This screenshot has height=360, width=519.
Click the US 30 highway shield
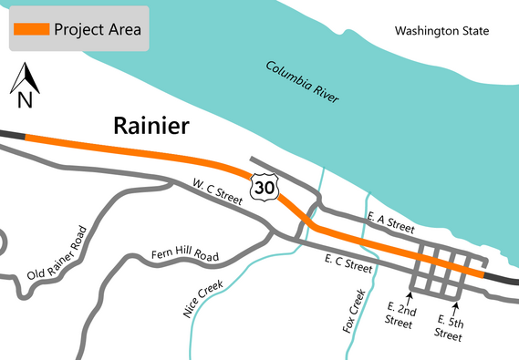(x=265, y=187)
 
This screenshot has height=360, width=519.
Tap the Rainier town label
(x=151, y=126)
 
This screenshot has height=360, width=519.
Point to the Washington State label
(x=441, y=32)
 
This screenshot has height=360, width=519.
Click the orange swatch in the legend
(x=31, y=29)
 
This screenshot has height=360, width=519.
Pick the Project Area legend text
(x=97, y=29)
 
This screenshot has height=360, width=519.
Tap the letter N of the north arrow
(x=25, y=100)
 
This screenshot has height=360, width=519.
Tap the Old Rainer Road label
(x=61, y=258)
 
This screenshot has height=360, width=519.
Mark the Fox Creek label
(x=354, y=310)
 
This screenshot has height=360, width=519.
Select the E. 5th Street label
(x=452, y=326)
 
